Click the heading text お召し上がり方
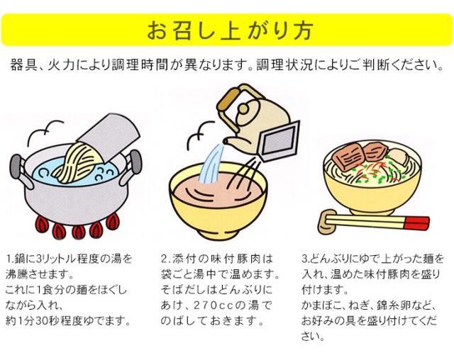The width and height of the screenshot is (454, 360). (227, 30)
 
